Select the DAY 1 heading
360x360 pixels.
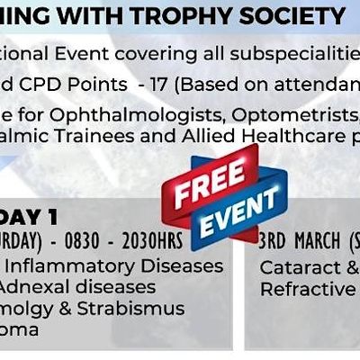pyautogui.click(x=41, y=215)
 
